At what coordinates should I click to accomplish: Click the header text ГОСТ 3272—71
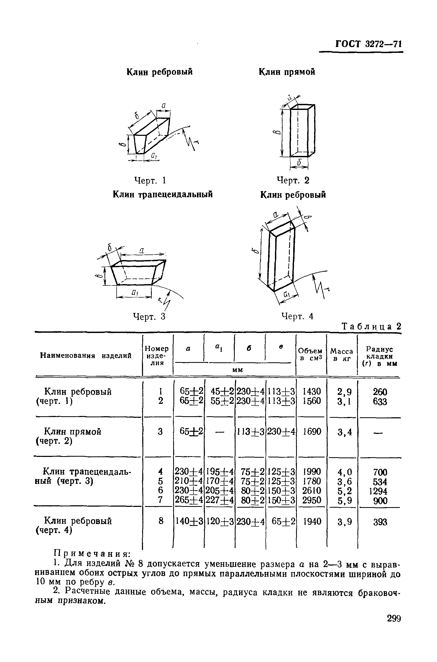point(369,44)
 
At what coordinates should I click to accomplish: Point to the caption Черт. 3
point(149,316)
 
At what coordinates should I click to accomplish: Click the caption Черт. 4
point(297,316)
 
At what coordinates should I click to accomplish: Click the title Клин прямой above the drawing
point(287,72)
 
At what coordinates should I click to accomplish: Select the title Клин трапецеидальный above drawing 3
point(163,194)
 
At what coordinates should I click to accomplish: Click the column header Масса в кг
point(341,355)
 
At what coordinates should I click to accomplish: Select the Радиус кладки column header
point(380,356)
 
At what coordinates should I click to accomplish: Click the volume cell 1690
point(312,432)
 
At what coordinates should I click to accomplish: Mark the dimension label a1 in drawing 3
point(135,292)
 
